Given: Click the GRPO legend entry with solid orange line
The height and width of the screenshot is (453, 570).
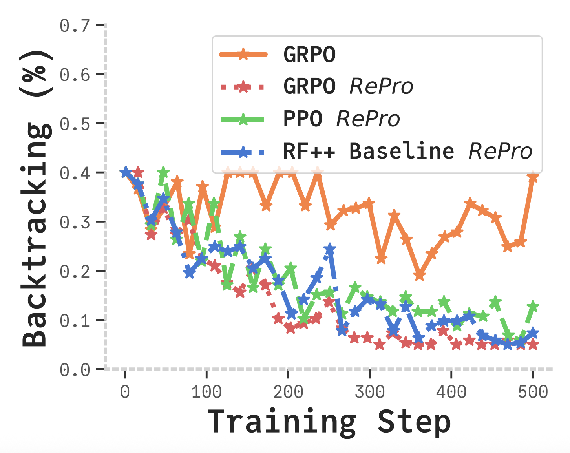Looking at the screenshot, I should [x=309, y=54].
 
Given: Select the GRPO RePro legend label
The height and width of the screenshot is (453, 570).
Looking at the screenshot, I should [x=348, y=86].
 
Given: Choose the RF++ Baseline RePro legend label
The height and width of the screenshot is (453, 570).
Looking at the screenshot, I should [x=407, y=151].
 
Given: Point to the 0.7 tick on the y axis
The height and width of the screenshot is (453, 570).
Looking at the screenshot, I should [x=75, y=26].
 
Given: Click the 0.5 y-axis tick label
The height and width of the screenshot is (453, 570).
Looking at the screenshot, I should [x=75, y=124].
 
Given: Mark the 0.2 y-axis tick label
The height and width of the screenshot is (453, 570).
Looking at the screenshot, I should [x=75, y=271].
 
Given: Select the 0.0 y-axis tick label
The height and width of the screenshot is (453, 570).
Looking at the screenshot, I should [x=75, y=370].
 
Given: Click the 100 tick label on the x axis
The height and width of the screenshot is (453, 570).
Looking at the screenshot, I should [x=206, y=392].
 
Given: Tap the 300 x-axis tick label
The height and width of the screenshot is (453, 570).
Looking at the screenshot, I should [x=369, y=392].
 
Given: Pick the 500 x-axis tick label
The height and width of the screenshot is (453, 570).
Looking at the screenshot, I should [x=533, y=392].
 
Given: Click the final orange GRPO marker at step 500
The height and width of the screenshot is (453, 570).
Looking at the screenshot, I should [x=533, y=177].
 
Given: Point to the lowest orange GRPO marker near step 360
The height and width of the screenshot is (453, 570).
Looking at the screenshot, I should [x=419, y=275].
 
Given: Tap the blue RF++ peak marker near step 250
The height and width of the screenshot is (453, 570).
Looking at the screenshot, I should [x=330, y=249].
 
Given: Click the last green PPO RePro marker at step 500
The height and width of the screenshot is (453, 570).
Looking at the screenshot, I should [x=533, y=307].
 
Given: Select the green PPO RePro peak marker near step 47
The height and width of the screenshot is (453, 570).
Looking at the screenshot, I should [x=163, y=172].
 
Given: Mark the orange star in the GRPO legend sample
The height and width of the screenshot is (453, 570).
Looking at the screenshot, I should [x=243, y=54].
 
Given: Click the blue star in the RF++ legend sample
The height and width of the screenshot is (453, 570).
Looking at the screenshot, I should [x=243, y=152].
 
